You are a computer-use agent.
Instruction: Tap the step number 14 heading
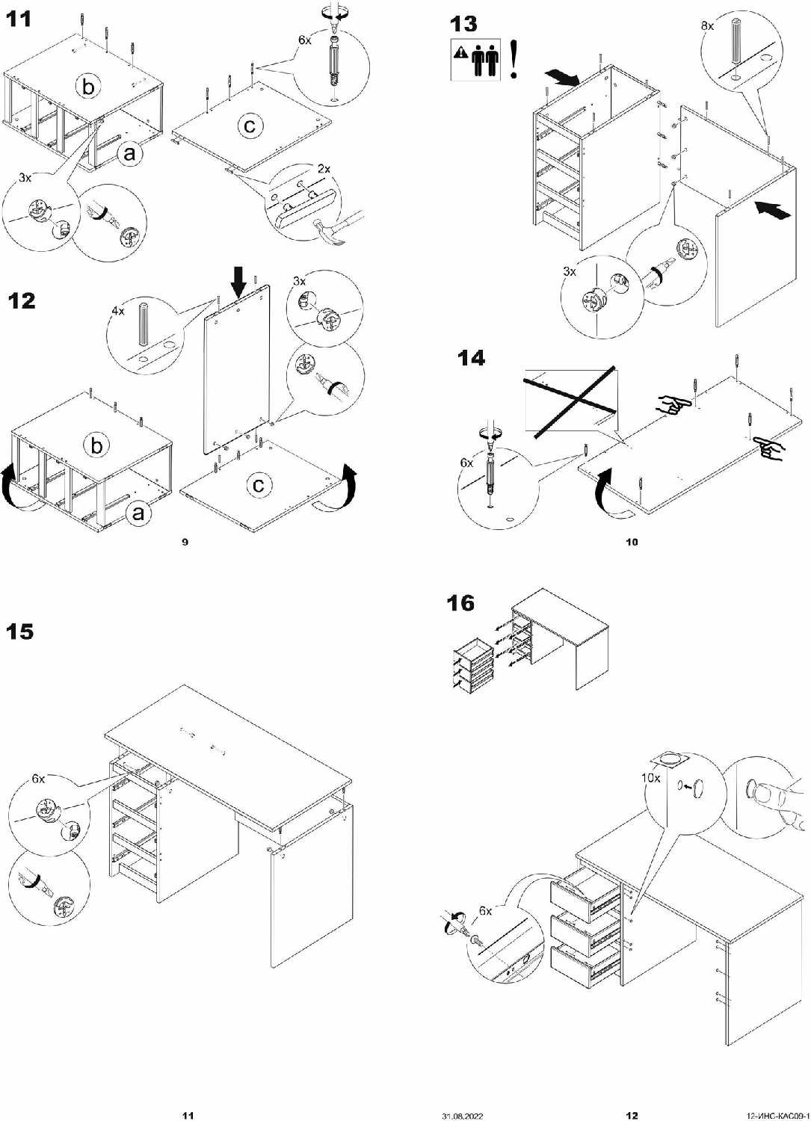471,359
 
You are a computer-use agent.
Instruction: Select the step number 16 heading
460,603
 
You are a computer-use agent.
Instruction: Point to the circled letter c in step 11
250,126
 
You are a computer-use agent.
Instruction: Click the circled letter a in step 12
138,513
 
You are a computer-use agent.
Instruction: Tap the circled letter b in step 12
96,446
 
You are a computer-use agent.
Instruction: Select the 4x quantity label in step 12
118,310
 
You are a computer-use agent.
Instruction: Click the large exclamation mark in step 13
514,60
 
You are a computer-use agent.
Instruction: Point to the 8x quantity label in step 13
707,26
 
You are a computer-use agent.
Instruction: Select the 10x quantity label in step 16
650,778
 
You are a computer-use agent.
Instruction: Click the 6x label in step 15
38,779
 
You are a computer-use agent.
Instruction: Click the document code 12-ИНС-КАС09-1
778,1116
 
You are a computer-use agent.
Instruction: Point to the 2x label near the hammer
323,170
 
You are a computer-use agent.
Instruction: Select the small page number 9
185,542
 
